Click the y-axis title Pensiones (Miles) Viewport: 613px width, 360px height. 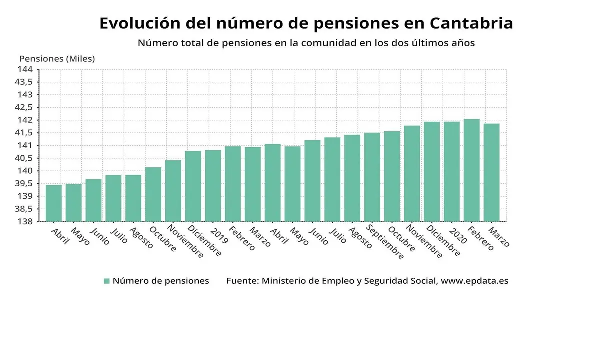[57, 58]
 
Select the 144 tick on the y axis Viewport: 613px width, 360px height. [26, 69]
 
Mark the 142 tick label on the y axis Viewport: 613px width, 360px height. [26, 120]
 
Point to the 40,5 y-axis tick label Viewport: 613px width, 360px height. [24, 158]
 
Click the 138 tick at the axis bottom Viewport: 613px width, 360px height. [26, 222]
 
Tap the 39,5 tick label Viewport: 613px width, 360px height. [24, 183]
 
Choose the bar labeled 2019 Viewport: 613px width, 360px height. [213, 186]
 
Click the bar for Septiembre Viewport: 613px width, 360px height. [372, 177]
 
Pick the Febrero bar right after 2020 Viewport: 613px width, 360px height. [472, 170]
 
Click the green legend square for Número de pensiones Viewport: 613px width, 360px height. [106, 281]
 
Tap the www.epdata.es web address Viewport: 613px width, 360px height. [474, 281]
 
